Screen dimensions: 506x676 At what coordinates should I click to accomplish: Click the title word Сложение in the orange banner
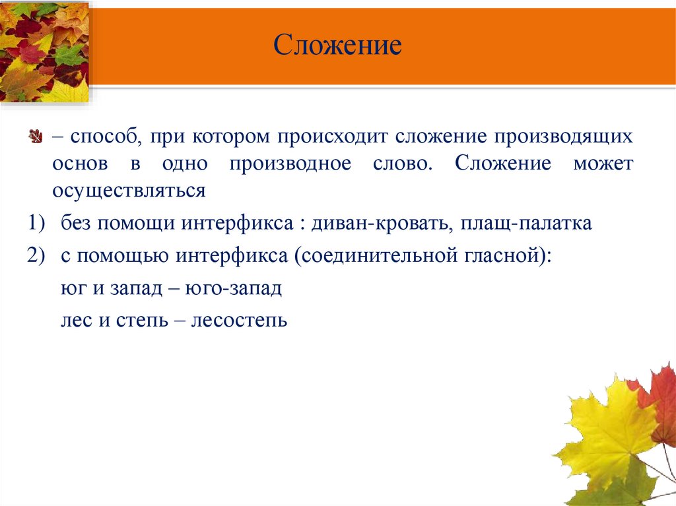[338, 46]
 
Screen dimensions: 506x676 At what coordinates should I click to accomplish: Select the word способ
[102, 137]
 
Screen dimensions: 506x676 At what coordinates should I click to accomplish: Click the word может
[602, 164]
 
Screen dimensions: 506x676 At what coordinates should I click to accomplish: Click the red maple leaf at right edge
[660, 396]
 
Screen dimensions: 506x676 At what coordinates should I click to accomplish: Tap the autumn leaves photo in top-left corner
[44, 51]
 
